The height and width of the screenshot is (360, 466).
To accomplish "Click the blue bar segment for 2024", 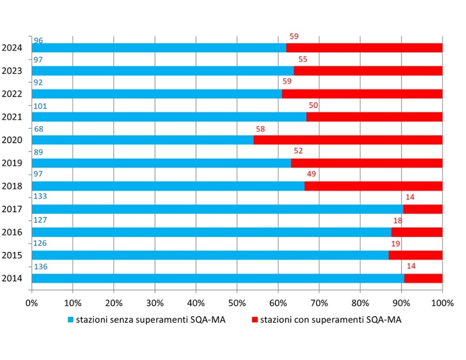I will [x=159, y=48].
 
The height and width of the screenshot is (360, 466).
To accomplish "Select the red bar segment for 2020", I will [x=348, y=140].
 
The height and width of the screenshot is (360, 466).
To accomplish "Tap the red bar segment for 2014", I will [x=423, y=278].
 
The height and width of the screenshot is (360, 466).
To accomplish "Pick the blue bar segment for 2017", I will [x=217, y=209].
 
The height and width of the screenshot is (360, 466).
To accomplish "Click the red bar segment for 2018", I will [x=373, y=186].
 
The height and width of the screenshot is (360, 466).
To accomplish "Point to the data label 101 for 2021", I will [x=40, y=106].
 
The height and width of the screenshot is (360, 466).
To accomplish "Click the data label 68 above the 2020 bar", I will [x=38, y=129].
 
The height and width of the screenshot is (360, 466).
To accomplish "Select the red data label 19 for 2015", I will [x=396, y=244].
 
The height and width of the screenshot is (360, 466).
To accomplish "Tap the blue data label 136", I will [x=40, y=267].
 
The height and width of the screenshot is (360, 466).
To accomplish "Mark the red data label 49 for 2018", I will [x=311, y=175].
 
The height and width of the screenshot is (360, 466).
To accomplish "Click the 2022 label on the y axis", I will [x=12, y=94].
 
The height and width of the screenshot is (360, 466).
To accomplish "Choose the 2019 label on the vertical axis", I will [x=12, y=163].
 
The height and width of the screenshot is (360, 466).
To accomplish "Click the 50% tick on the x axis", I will [x=237, y=303].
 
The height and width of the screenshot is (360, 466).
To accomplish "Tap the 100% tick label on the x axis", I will [x=442, y=303].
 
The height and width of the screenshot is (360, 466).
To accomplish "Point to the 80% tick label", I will [x=360, y=303].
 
